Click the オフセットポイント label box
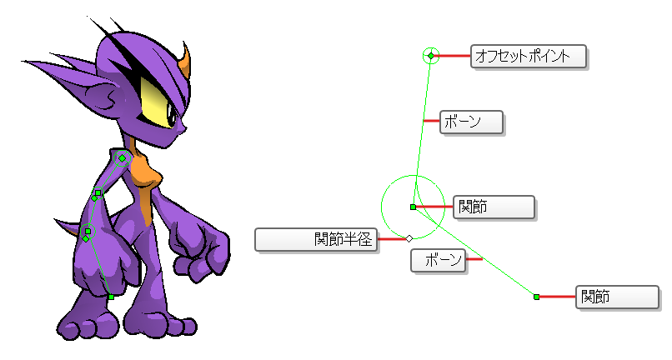(x=529, y=56)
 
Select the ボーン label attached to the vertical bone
(x=471, y=122)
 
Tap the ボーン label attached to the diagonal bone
(x=438, y=260)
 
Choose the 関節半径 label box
(x=316, y=239)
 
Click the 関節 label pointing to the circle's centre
(x=494, y=207)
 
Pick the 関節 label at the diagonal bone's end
(x=617, y=297)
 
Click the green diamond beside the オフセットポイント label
(x=431, y=56)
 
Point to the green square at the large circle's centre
(x=414, y=207)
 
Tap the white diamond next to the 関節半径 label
(x=409, y=238)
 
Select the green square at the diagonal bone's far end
(x=536, y=297)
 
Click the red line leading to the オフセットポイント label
(x=452, y=56)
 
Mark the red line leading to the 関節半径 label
(x=392, y=238)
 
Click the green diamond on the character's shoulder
(x=122, y=158)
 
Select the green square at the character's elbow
(x=98, y=192)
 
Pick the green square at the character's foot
(x=111, y=297)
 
